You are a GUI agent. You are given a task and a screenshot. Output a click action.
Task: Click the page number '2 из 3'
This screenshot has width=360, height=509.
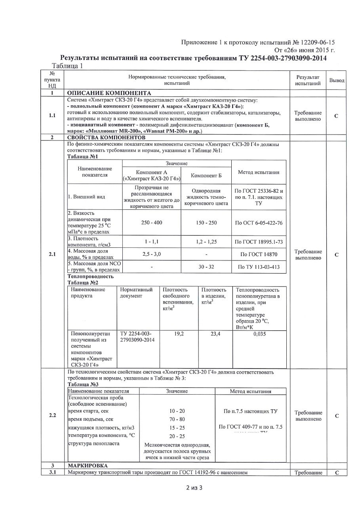[x=194, y=487]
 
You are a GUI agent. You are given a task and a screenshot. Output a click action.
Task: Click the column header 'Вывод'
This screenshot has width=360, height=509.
[x=337, y=80]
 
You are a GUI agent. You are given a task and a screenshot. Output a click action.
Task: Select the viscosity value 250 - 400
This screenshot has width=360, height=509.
[x=152, y=223]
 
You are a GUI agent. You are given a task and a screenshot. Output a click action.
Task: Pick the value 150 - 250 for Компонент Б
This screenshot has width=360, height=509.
[x=206, y=223]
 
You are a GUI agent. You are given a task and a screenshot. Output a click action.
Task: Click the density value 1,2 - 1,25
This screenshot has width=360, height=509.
[x=206, y=242]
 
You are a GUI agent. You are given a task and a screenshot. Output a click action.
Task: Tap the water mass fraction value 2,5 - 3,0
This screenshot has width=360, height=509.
[x=152, y=254]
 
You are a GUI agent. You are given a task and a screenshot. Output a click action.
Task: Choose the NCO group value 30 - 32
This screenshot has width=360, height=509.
[x=206, y=267]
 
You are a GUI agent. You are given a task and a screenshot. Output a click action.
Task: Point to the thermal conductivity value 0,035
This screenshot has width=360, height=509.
[x=259, y=334]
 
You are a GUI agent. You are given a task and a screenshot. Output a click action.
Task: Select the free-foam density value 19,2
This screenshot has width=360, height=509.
[x=179, y=334]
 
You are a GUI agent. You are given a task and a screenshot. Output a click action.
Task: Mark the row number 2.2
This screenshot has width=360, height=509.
[x=52, y=415]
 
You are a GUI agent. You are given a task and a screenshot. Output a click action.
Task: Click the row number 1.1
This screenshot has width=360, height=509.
[x=52, y=116]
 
